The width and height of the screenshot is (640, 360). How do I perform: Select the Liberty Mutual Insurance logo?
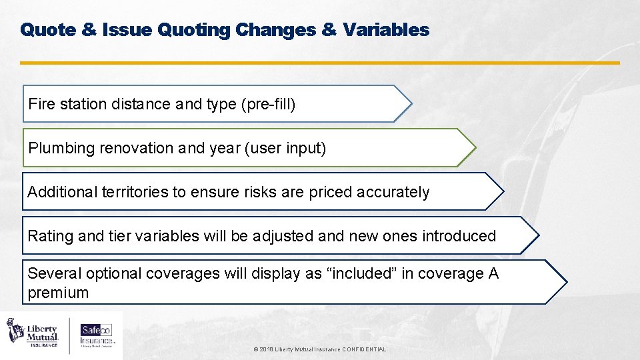pos(33,332)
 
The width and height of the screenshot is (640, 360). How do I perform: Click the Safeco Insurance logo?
pos(97,332)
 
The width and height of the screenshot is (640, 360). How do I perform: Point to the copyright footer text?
pos(320,349)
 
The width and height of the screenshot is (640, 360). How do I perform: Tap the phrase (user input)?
pos(287,148)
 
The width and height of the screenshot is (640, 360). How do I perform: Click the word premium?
pos(58,293)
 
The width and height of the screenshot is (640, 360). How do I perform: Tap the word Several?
pos(51,273)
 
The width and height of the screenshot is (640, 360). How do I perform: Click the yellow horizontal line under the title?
pos(320,63)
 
